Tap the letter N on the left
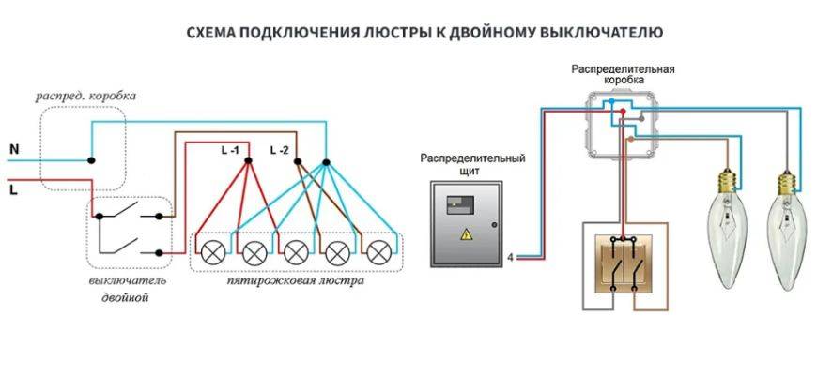pyautogui.click(x=14, y=149)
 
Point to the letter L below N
pyautogui.click(x=13, y=188)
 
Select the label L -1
pyautogui.click(x=232, y=150)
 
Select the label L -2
pyautogui.click(x=280, y=150)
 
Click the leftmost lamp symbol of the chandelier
pyautogui.click(x=212, y=252)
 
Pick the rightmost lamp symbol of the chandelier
pyautogui.click(x=378, y=252)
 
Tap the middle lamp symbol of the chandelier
pyautogui.click(x=296, y=252)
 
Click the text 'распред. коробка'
pyautogui.click(x=85, y=96)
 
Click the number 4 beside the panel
pyautogui.click(x=509, y=256)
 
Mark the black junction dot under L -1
pyautogui.click(x=248, y=161)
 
